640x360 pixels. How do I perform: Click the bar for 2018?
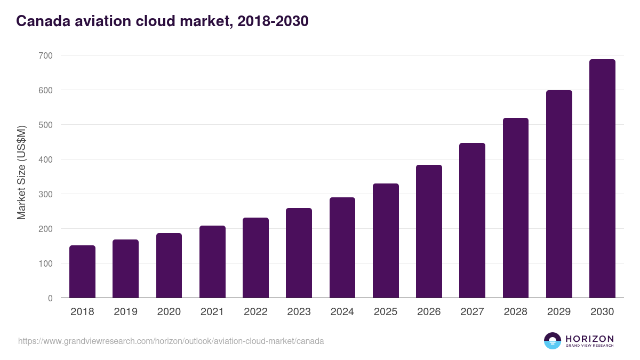(82, 271)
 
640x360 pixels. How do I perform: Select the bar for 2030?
(602, 179)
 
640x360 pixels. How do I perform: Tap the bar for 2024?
(342, 247)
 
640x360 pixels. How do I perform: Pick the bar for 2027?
(472, 220)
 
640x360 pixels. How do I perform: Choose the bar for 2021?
(212, 262)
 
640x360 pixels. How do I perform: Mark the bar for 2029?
(559, 194)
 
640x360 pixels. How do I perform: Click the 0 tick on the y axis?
(50, 298)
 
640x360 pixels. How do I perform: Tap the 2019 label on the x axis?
(125, 312)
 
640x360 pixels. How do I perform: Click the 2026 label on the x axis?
(429, 312)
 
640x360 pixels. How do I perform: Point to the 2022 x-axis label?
(255, 312)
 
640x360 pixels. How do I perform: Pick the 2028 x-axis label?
(515, 312)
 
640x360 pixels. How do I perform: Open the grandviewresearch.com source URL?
(171, 341)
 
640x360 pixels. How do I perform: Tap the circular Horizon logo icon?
(553, 341)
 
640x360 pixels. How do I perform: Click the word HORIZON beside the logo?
(589, 338)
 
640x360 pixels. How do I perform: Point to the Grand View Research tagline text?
(589, 346)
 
